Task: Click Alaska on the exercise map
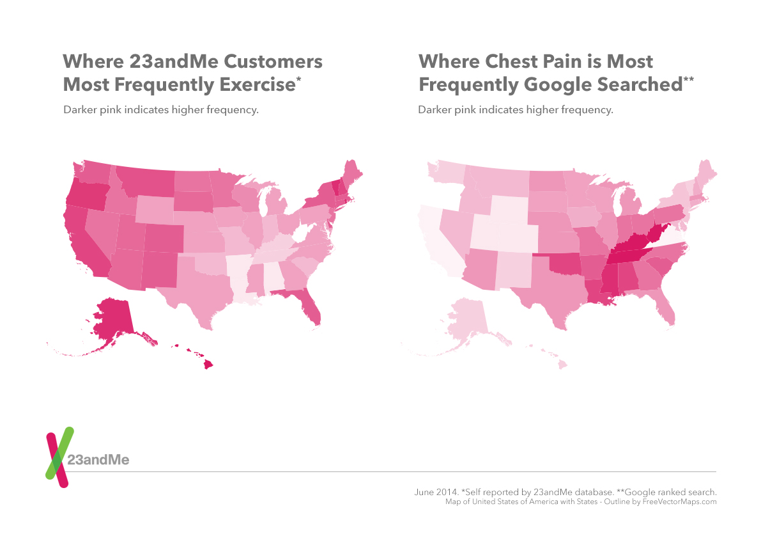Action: point(112,320)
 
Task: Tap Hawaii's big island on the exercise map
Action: point(208,364)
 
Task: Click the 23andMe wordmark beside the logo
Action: point(102,461)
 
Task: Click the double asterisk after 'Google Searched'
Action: point(688,80)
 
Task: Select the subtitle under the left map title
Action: point(160,109)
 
